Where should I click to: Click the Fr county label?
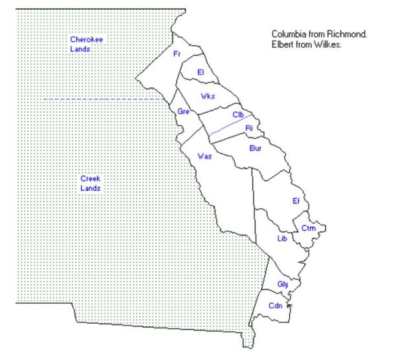[177, 54]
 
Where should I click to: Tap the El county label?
[201, 72]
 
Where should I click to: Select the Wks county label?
[208, 96]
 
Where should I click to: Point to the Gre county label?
[183, 112]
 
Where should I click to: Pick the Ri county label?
[248, 128]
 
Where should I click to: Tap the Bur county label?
[255, 148]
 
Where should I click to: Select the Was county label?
[204, 156]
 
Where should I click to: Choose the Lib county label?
[281, 238]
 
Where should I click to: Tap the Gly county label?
[282, 284]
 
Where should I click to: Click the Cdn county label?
[276, 306]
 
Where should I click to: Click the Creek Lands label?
[91, 183]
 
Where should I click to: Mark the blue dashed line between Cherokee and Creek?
[103, 98]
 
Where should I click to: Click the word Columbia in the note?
[288, 34]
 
